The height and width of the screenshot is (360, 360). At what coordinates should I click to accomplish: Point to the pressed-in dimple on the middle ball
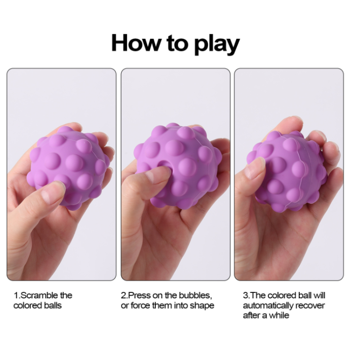coord(162,164)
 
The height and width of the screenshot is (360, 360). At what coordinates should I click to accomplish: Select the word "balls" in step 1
coord(53,306)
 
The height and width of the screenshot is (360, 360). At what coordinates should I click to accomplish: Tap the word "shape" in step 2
coord(202,306)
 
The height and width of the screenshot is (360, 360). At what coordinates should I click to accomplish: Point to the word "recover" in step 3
coord(310,306)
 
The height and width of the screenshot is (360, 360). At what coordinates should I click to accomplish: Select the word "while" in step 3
coord(279,315)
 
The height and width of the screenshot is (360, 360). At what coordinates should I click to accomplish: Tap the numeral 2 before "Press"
coord(123,296)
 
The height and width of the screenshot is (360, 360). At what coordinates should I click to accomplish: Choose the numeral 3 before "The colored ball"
coord(245,296)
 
